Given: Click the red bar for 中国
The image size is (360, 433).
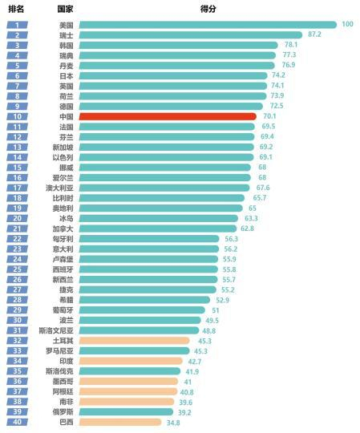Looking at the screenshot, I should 168,116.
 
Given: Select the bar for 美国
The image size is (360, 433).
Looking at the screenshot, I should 208,25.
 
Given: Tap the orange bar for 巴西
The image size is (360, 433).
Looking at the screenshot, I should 119,422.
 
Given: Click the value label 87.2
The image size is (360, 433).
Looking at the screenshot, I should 314,34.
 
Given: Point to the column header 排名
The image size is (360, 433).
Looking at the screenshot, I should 16,9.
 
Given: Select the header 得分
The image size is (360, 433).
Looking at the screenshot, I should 208,9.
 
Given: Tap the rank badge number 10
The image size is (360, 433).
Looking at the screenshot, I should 17,116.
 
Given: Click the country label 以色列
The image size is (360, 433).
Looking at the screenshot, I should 63,157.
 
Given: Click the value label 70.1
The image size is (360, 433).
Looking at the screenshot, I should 269,116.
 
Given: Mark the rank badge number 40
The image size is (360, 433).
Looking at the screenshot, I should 17,422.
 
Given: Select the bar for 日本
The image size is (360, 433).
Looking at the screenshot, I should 173,75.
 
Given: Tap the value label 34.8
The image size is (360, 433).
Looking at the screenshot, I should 173,422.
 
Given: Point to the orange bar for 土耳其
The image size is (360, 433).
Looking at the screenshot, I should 132,341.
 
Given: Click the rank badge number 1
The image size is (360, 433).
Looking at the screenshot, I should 17,25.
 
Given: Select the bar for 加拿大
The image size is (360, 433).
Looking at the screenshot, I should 158,229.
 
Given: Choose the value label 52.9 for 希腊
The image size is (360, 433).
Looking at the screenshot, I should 222,300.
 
